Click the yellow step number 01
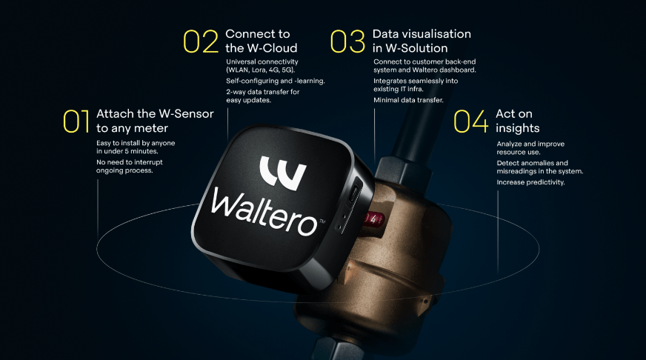click(x=76, y=121)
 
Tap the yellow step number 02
click(x=201, y=41)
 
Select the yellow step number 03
click(x=347, y=41)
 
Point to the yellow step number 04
click(x=471, y=121)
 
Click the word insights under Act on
click(x=517, y=128)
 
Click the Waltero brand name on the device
click(x=264, y=211)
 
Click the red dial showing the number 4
click(x=373, y=219)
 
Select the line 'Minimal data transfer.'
click(x=408, y=100)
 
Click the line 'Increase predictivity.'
click(x=530, y=182)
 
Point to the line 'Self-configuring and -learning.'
click(x=275, y=81)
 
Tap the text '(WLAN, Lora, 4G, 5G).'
click(x=260, y=70)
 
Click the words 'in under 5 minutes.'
click(x=127, y=151)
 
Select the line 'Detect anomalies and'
click(x=533, y=163)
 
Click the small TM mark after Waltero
click(x=322, y=221)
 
